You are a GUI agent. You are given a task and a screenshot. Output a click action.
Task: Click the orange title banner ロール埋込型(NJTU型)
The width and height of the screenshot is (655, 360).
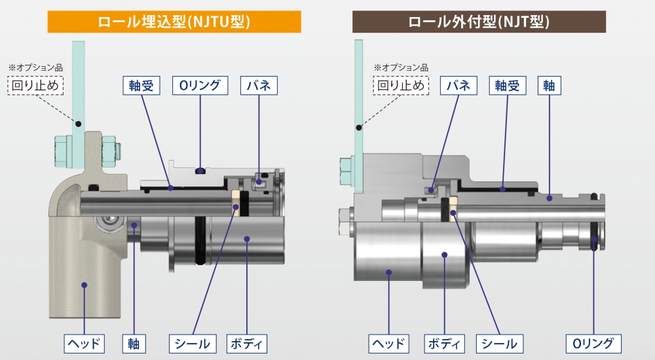pyautogui.click(x=174, y=22)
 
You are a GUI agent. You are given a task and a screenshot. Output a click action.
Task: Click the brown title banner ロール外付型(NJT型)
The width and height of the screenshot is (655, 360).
pyautogui.click(x=479, y=22)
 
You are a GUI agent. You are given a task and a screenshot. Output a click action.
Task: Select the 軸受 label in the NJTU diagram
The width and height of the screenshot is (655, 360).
pyautogui.click(x=141, y=85)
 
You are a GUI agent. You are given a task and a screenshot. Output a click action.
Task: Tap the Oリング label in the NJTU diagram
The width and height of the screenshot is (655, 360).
pyautogui.click(x=200, y=85)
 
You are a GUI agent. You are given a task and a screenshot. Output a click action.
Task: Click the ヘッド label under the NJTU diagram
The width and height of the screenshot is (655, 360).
pyautogui.click(x=83, y=343)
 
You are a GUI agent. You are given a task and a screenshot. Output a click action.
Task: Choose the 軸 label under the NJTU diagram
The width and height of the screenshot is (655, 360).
pyautogui.click(x=134, y=343)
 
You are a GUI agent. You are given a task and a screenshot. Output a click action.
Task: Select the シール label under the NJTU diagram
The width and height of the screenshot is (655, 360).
pyautogui.click(x=193, y=343)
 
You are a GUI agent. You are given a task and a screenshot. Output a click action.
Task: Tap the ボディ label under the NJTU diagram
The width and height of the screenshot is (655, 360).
pyautogui.click(x=247, y=343)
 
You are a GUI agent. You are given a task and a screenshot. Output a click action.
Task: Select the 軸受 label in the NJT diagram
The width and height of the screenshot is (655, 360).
pyautogui.click(x=508, y=85)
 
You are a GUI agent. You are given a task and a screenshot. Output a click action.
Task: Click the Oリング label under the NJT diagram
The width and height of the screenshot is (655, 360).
pyautogui.click(x=593, y=343)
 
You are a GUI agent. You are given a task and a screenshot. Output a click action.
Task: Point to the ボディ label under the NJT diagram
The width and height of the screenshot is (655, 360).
pyautogui.click(x=445, y=343)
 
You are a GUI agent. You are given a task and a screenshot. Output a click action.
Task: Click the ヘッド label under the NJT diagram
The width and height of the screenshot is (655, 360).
pyautogui.click(x=388, y=343)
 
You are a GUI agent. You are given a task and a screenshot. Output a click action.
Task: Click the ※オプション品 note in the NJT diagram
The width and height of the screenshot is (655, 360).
pyautogui.click(x=401, y=67)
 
